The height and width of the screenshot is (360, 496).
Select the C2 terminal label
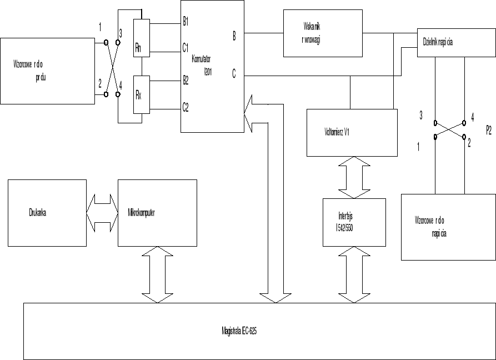[x=186, y=108]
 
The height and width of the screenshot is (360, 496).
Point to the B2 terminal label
[x=186, y=80]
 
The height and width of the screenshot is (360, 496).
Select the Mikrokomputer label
[x=141, y=212]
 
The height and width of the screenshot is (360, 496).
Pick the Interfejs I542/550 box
[x=354, y=222]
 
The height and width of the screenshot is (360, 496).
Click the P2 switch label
[x=488, y=132]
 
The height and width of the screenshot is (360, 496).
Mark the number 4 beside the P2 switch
[x=472, y=117]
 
